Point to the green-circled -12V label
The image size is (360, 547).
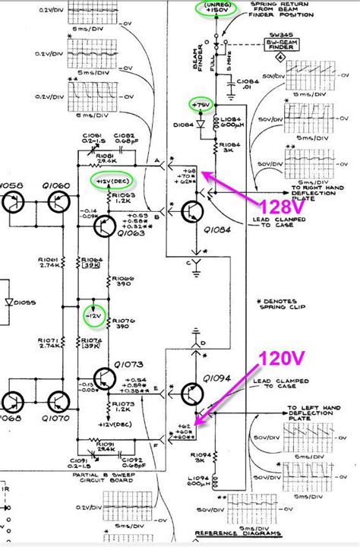(92, 314)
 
